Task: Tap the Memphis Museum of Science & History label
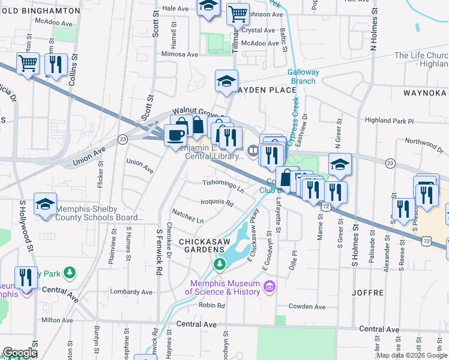224,288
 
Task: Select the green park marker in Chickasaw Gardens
220,264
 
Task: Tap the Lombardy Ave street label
131,292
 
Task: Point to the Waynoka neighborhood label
424,93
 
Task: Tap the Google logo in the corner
20,353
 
